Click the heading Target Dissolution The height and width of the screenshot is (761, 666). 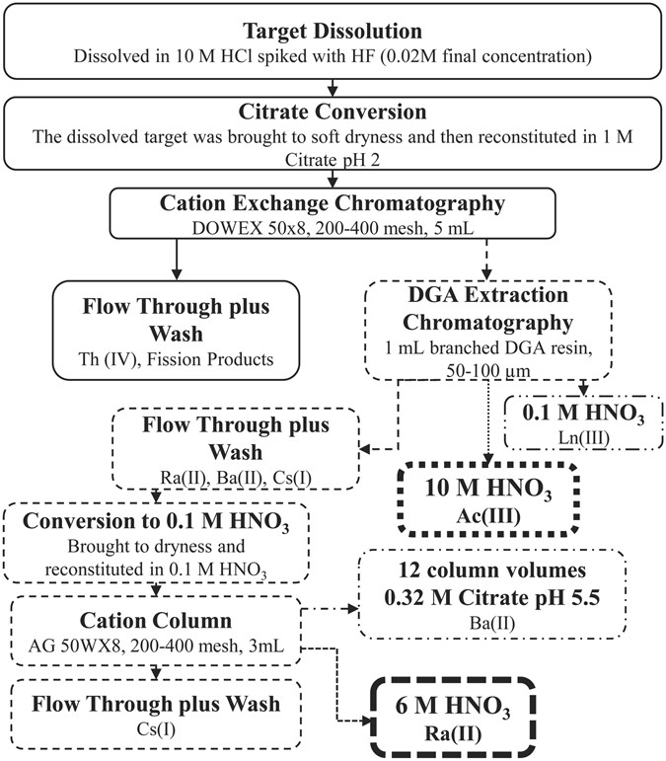[333, 29]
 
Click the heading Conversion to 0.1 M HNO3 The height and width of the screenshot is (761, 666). [156, 520]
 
